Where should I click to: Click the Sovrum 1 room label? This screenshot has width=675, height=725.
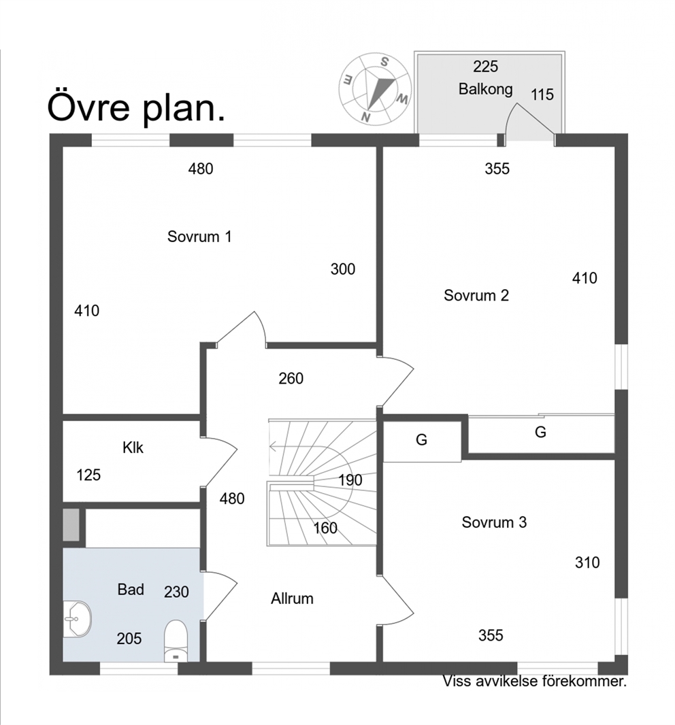tap(199, 237)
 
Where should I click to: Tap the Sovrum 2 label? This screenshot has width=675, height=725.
tap(476, 295)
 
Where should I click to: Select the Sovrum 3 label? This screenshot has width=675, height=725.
tap(494, 522)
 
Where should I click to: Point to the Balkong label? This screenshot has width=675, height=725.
tap(485, 89)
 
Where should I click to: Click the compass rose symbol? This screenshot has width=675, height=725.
tap(375, 89)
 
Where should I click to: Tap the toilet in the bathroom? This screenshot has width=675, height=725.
tap(176, 641)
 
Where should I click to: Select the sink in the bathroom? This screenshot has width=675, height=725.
tap(77, 620)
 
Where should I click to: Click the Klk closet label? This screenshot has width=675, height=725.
tap(133, 448)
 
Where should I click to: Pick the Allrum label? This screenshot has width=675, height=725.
tap(292, 598)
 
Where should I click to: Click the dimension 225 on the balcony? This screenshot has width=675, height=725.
tap(485, 67)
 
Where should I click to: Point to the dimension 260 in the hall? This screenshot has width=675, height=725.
tap(291, 379)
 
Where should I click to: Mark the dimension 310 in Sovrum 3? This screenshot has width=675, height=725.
tap(587, 562)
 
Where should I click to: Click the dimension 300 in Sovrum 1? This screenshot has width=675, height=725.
tap(343, 269)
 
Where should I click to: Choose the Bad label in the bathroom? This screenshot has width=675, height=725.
tap(131, 590)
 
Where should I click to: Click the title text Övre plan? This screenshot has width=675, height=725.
tap(136, 107)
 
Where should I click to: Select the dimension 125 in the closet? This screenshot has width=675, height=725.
tap(88, 475)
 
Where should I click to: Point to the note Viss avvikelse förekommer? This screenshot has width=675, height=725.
tap(535, 681)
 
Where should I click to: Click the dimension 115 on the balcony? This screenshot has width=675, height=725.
tap(542, 95)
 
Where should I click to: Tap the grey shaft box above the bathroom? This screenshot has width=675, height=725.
tap(71, 525)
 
